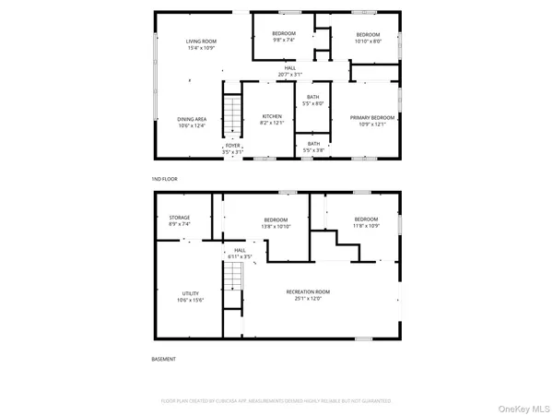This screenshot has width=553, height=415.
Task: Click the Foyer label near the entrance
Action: click(x=233, y=148)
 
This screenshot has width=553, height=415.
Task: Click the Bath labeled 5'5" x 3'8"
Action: click(x=314, y=145)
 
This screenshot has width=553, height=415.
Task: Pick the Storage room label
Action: click(x=179, y=220)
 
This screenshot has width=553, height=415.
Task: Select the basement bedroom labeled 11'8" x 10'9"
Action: click(x=366, y=222)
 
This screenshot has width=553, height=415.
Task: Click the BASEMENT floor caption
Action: click(x=163, y=359)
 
